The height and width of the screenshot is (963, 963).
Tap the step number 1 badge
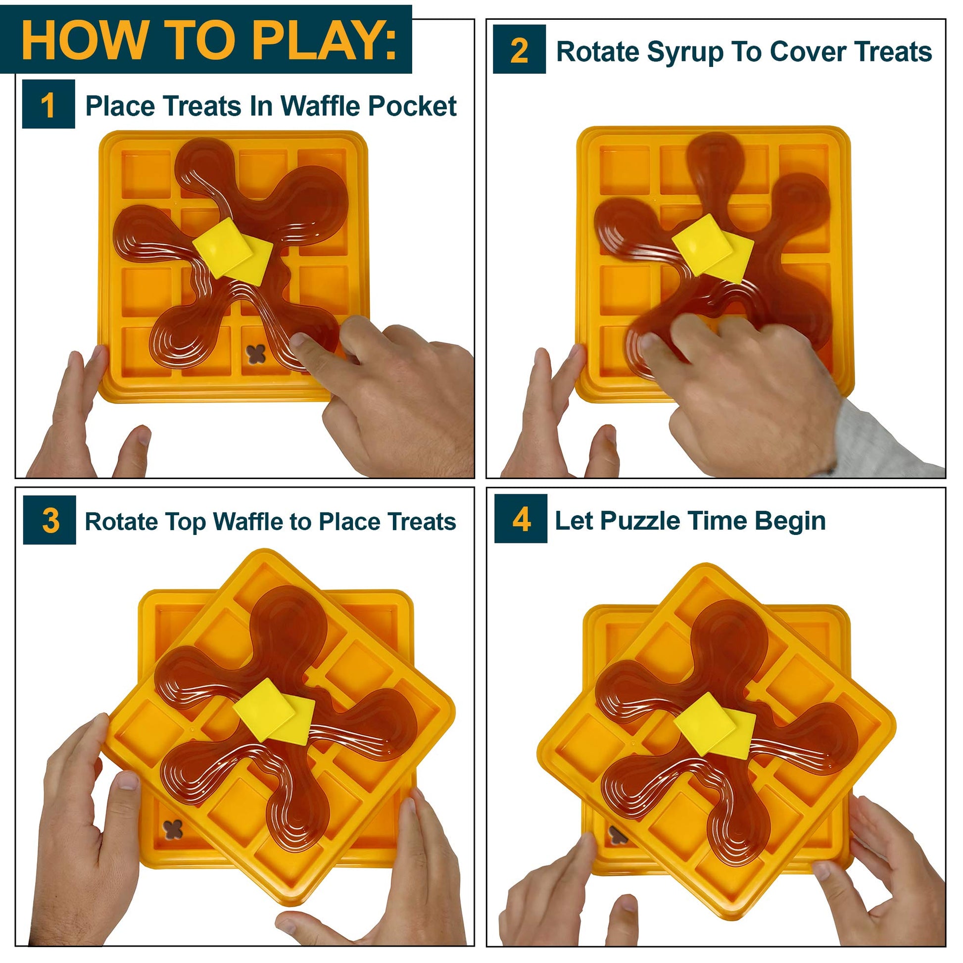(48, 104)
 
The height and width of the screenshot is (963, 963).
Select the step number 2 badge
(520, 49)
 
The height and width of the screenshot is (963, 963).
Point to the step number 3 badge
(49, 520)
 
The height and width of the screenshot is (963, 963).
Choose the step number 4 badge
(521, 519)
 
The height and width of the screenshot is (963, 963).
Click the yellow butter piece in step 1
(232, 252)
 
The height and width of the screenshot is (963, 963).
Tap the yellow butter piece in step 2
(713, 248)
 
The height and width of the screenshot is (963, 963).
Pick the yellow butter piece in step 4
(714, 725)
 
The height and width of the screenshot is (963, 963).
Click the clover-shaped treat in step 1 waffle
(256, 354)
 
